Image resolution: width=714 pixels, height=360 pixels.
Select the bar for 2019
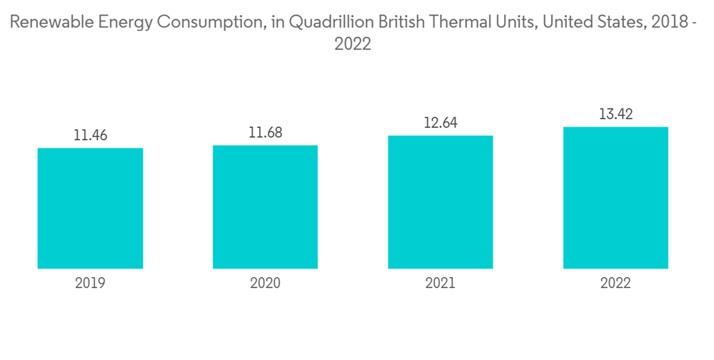90,208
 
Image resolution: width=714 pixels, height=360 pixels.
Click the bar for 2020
265,206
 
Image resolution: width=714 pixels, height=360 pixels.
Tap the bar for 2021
441,201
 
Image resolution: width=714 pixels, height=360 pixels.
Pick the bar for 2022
615,197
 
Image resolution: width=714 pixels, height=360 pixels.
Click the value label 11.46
90,135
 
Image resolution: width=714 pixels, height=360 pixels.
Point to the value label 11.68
265,133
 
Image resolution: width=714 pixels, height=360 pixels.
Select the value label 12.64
441,123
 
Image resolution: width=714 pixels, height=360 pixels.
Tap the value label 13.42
615,114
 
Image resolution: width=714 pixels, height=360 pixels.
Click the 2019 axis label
90,284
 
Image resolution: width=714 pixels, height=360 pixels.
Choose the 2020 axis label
265,284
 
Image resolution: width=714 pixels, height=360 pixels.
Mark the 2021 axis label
441,284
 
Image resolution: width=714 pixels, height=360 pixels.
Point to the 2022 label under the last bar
615,284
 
